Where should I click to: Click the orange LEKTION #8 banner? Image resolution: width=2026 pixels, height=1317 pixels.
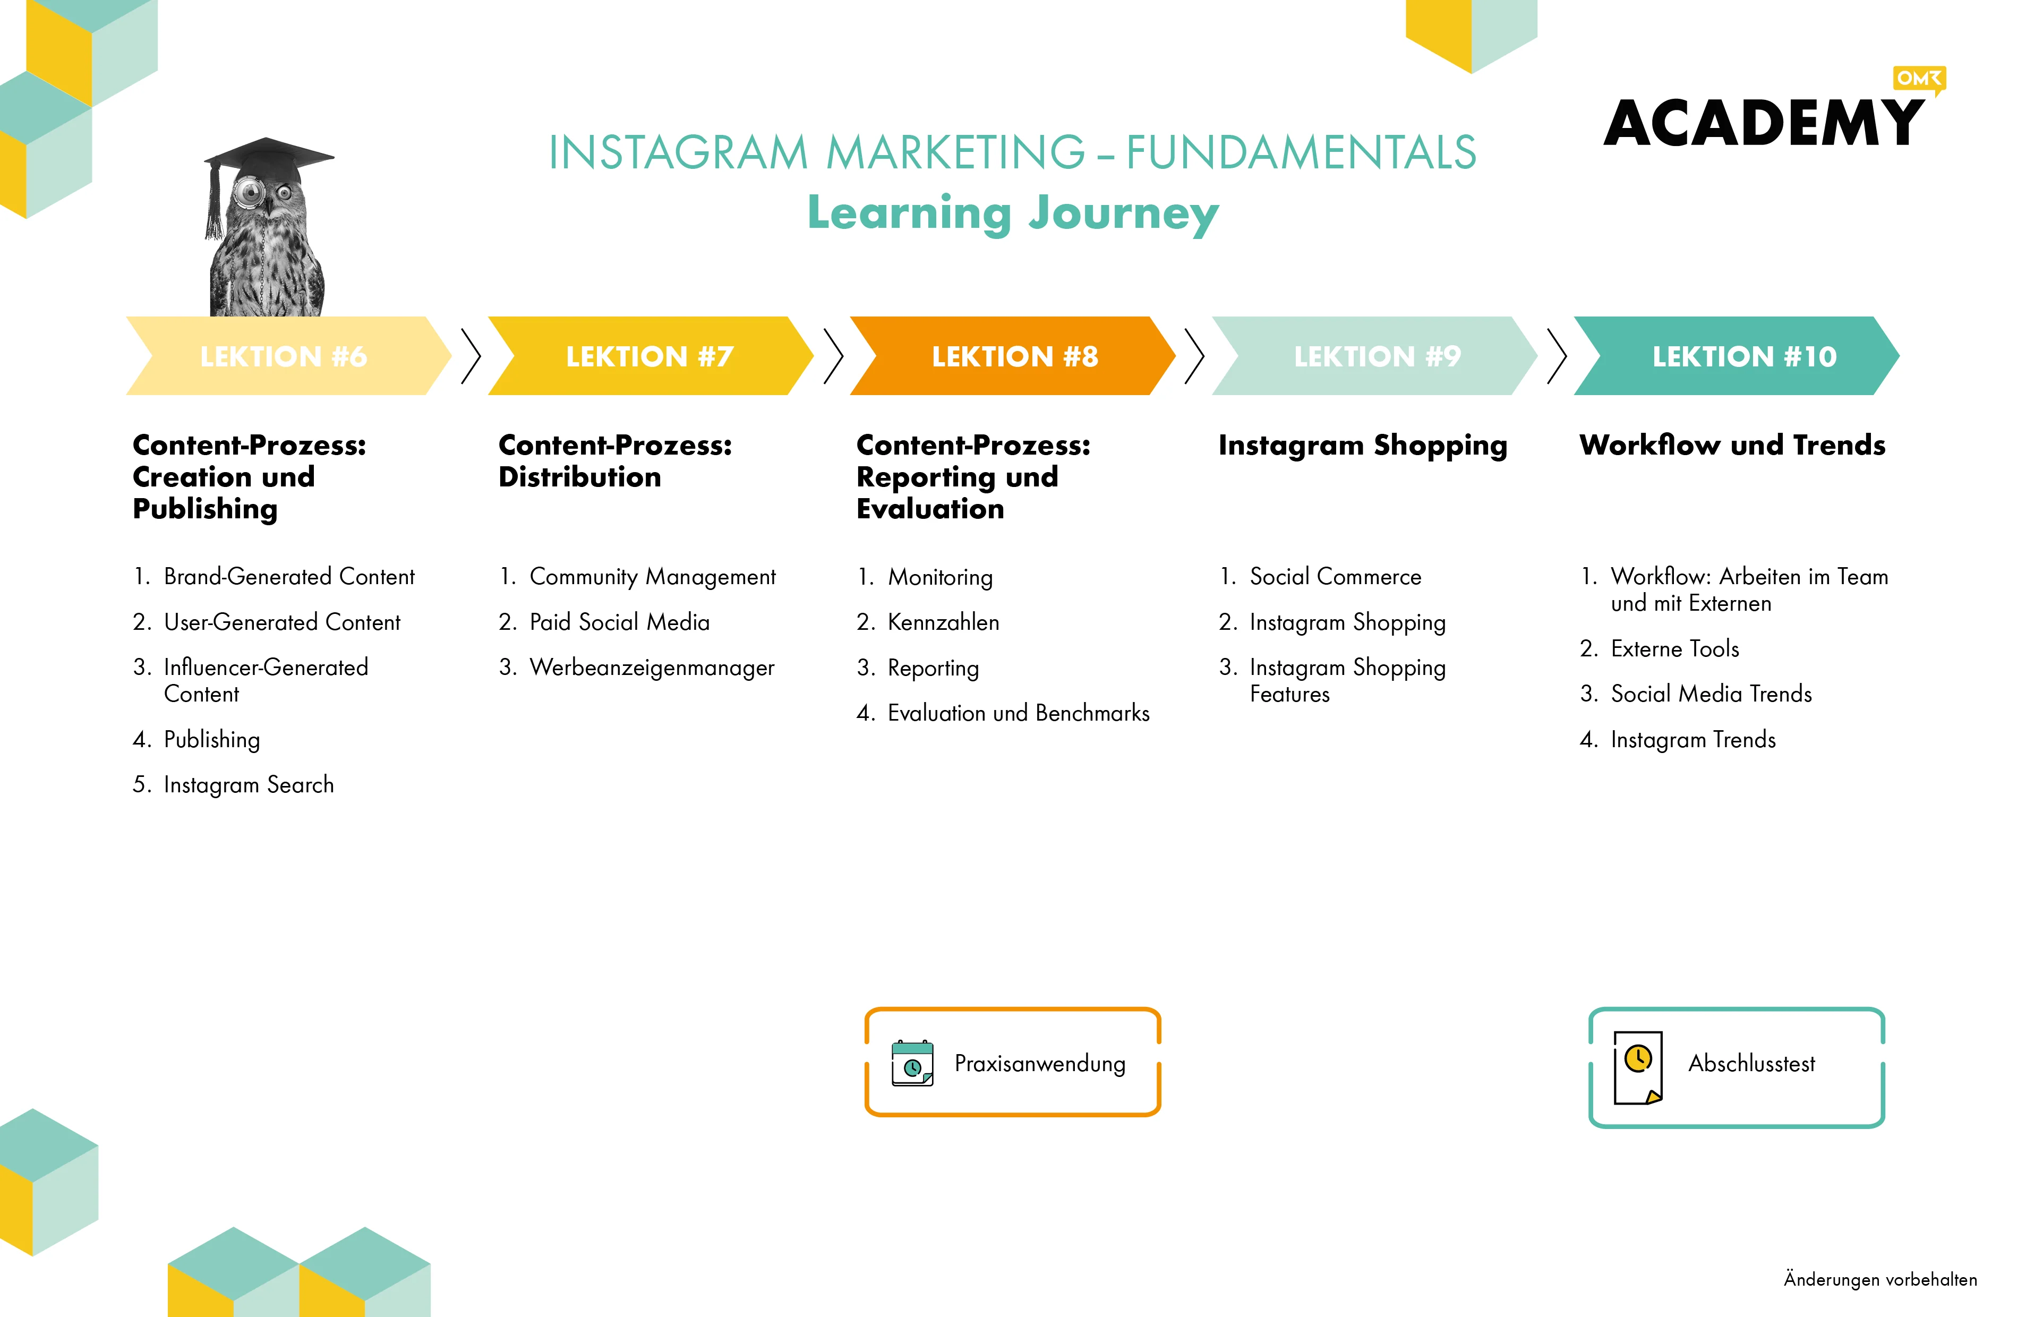pyautogui.click(x=1013, y=356)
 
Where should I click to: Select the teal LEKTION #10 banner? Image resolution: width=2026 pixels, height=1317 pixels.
pyautogui.click(x=1737, y=356)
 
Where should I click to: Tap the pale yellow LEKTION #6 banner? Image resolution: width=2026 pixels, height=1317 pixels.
pyautogui.click(x=288, y=356)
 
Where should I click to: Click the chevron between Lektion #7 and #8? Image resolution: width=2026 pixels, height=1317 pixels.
pyautogui.click(x=833, y=356)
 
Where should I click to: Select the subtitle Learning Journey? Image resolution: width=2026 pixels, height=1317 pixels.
pyautogui.click(x=1013, y=213)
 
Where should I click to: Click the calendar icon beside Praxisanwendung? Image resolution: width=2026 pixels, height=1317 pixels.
pyautogui.click(x=912, y=1063)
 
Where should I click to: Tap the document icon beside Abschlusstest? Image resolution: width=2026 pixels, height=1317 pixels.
pyautogui.click(x=1639, y=1067)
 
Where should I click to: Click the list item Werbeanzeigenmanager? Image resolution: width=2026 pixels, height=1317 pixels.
pyautogui.click(x=652, y=668)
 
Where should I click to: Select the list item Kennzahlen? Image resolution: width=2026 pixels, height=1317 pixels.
pyautogui.click(x=943, y=622)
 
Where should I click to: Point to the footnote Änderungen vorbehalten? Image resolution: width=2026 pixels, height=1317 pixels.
pyautogui.click(x=1880, y=1279)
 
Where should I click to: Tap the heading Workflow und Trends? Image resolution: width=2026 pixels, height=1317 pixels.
pyautogui.click(x=1732, y=444)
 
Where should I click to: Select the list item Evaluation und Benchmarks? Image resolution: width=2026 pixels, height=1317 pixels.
pyautogui.click(x=1018, y=713)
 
